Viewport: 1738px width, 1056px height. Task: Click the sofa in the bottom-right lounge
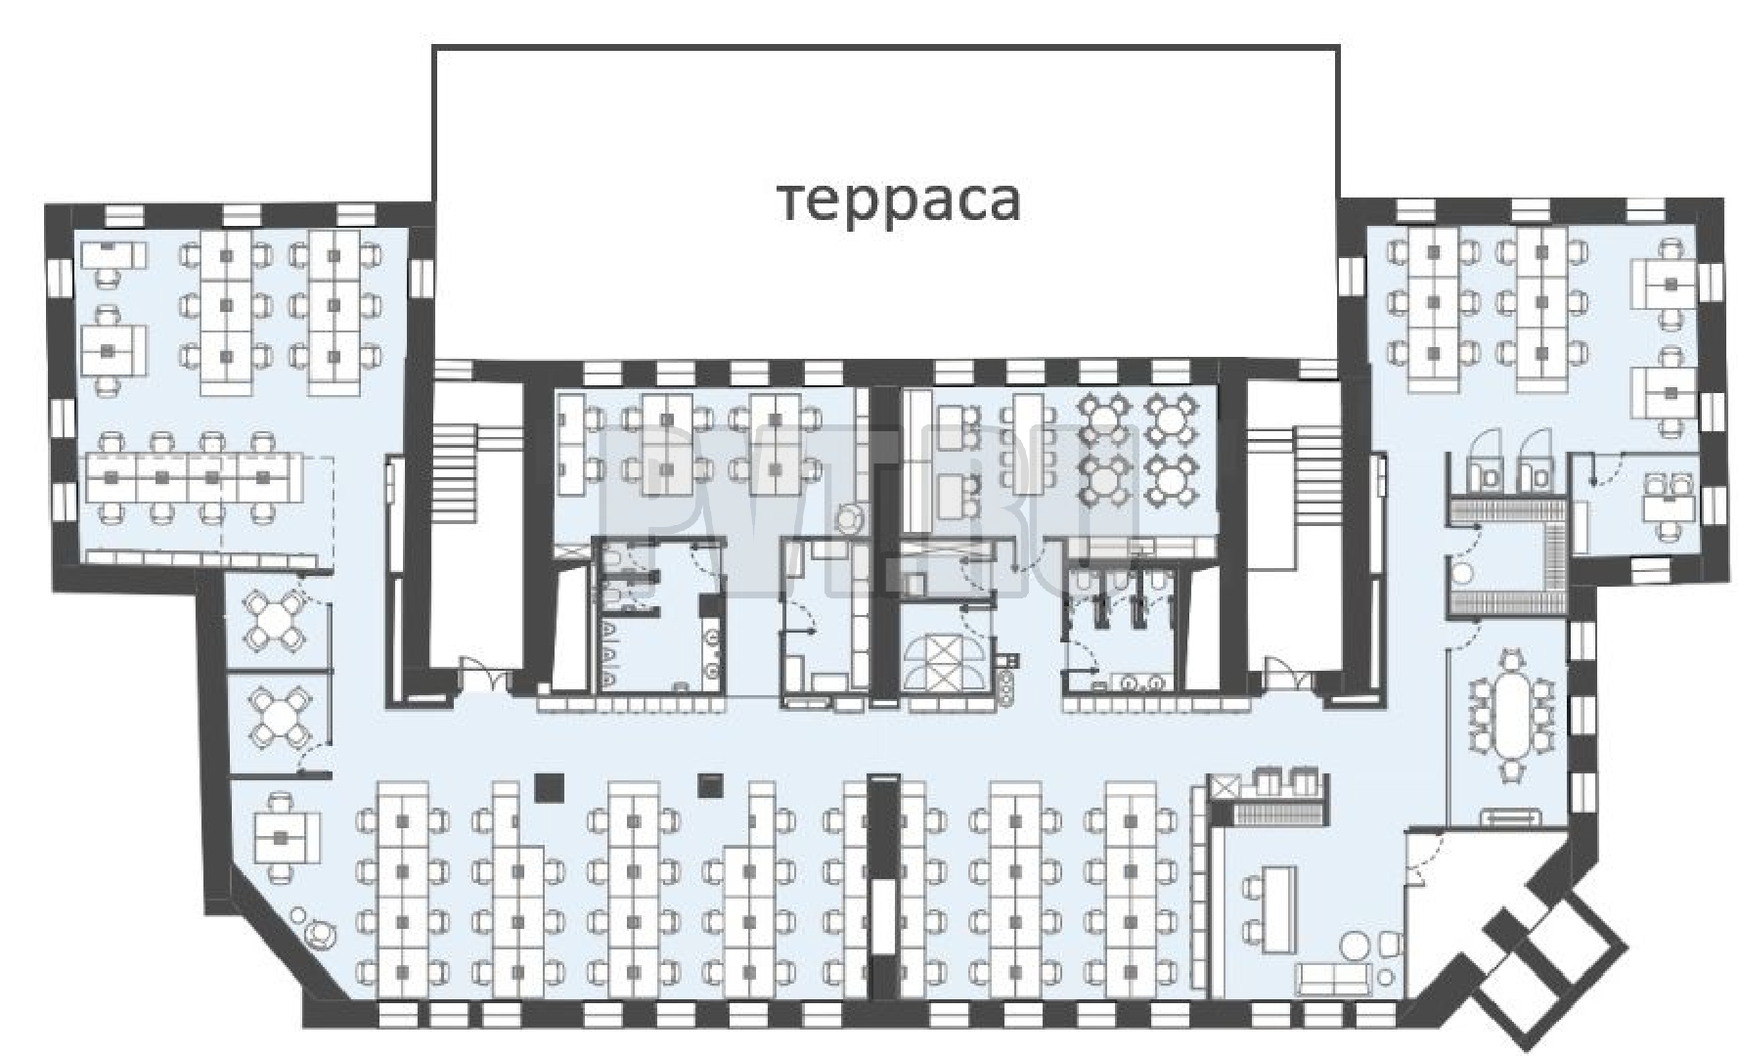point(1332,979)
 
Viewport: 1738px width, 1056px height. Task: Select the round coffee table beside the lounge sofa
point(1356,946)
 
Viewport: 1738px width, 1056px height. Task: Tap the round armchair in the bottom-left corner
point(319,933)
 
